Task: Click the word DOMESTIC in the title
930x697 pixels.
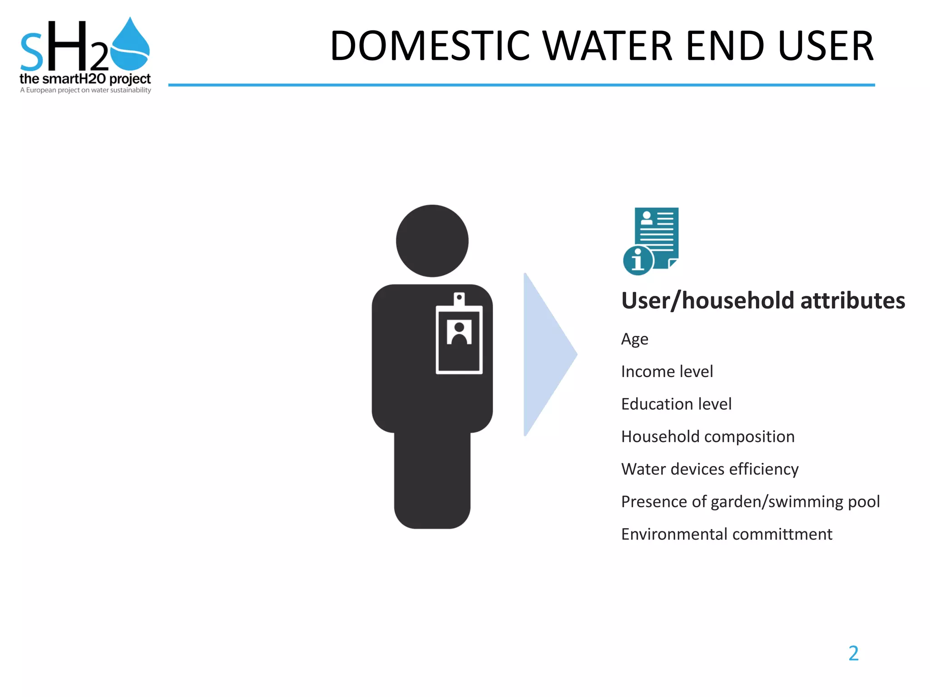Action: (x=430, y=46)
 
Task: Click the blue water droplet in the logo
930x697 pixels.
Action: (x=130, y=45)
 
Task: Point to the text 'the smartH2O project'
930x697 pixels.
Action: (x=85, y=79)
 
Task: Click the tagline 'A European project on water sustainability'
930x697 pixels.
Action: (x=85, y=90)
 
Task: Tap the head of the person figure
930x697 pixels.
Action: (x=432, y=241)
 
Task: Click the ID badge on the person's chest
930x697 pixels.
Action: (x=459, y=338)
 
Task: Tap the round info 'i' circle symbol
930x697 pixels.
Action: (x=638, y=260)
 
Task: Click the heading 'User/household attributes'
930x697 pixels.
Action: (x=763, y=301)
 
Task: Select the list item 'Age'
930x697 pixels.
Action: (x=634, y=339)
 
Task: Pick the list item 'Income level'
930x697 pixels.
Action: (x=667, y=372)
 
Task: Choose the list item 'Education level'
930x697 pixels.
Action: (x=676, y=404)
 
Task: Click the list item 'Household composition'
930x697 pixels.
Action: (x=707, y=437)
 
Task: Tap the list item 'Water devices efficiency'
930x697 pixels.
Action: (x=709, y=469)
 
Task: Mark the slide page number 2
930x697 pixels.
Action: (x=853, y=653)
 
